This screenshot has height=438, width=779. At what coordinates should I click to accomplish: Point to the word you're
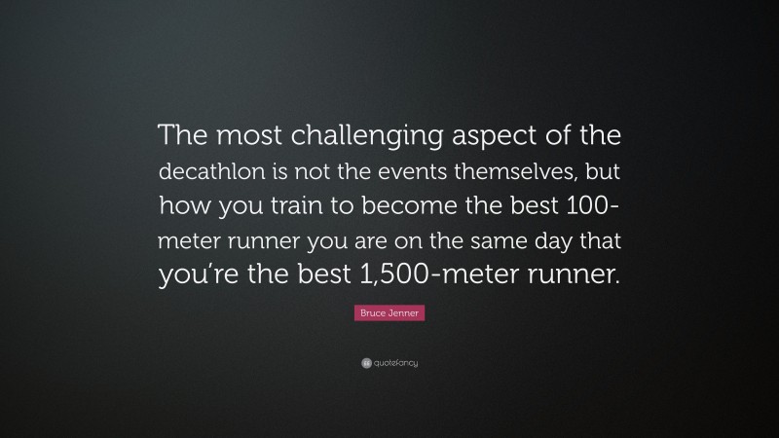pyautogui.click(x=195, y=274)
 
